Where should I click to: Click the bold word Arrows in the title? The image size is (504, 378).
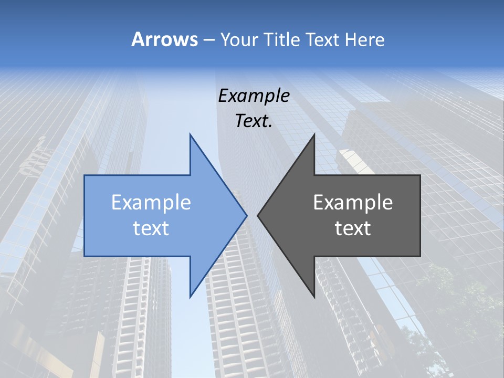[x=164, y=39]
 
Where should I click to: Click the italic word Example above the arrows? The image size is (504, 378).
[x=254, y=96]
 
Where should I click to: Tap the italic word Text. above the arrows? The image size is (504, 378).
[x=254, y=121]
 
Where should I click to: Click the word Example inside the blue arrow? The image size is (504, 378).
[x=151, y=203]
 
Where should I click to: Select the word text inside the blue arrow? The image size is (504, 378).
[x=151, y=228]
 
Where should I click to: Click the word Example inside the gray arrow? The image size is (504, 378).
[x=353, y=203]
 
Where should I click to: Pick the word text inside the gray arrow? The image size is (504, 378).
[x=353, y=228]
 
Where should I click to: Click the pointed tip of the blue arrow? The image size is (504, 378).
[x=246, y=215]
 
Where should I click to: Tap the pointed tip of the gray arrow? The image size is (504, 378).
[x=258, y=215]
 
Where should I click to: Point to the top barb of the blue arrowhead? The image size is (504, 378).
[x=191, y=136]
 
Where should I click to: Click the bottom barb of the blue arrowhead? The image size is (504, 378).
[x=191, y=296]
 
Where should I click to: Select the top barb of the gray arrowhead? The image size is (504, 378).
[x=313, y=136]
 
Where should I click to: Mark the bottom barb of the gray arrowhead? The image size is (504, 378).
[x=313, y=296]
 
